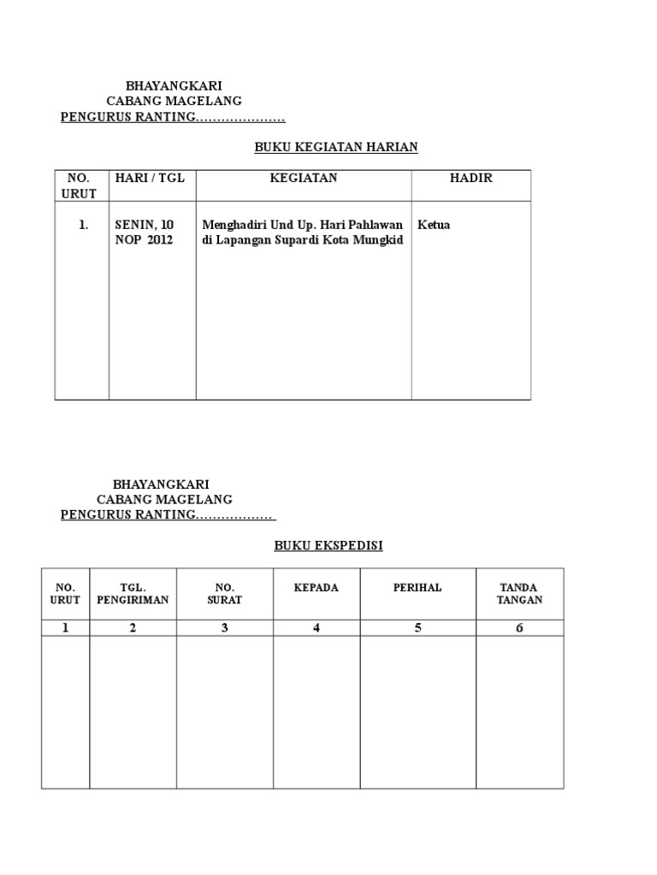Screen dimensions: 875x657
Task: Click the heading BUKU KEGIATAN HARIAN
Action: tap(336, 147)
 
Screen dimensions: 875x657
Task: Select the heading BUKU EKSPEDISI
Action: tap(328, 545)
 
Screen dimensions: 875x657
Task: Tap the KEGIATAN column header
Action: tap(304, 178)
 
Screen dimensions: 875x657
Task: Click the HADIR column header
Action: tap(471, 178)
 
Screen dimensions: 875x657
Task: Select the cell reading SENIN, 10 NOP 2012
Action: tap(145, 232)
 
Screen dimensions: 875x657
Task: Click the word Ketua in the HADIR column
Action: tap(434, 225)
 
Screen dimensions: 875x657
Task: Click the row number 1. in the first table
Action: tap(83, 225)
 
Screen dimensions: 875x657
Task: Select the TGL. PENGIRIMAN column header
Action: tap(133, 594)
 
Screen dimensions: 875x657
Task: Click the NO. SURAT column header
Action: tap(225, 594)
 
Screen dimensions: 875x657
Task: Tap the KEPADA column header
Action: tap(317, 588)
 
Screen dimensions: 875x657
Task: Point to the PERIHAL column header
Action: tap(417, 588)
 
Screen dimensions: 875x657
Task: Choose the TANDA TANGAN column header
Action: tap(519, 594)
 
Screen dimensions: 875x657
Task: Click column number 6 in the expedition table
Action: tap(519, 628)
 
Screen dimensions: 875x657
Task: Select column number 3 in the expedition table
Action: tap(225, 628)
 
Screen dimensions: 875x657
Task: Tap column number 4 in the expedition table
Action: tap(317, 628)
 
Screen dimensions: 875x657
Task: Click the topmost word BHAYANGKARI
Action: tap(174, 86)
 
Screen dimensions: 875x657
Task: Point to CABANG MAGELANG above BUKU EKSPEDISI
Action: tap(164, 499)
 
